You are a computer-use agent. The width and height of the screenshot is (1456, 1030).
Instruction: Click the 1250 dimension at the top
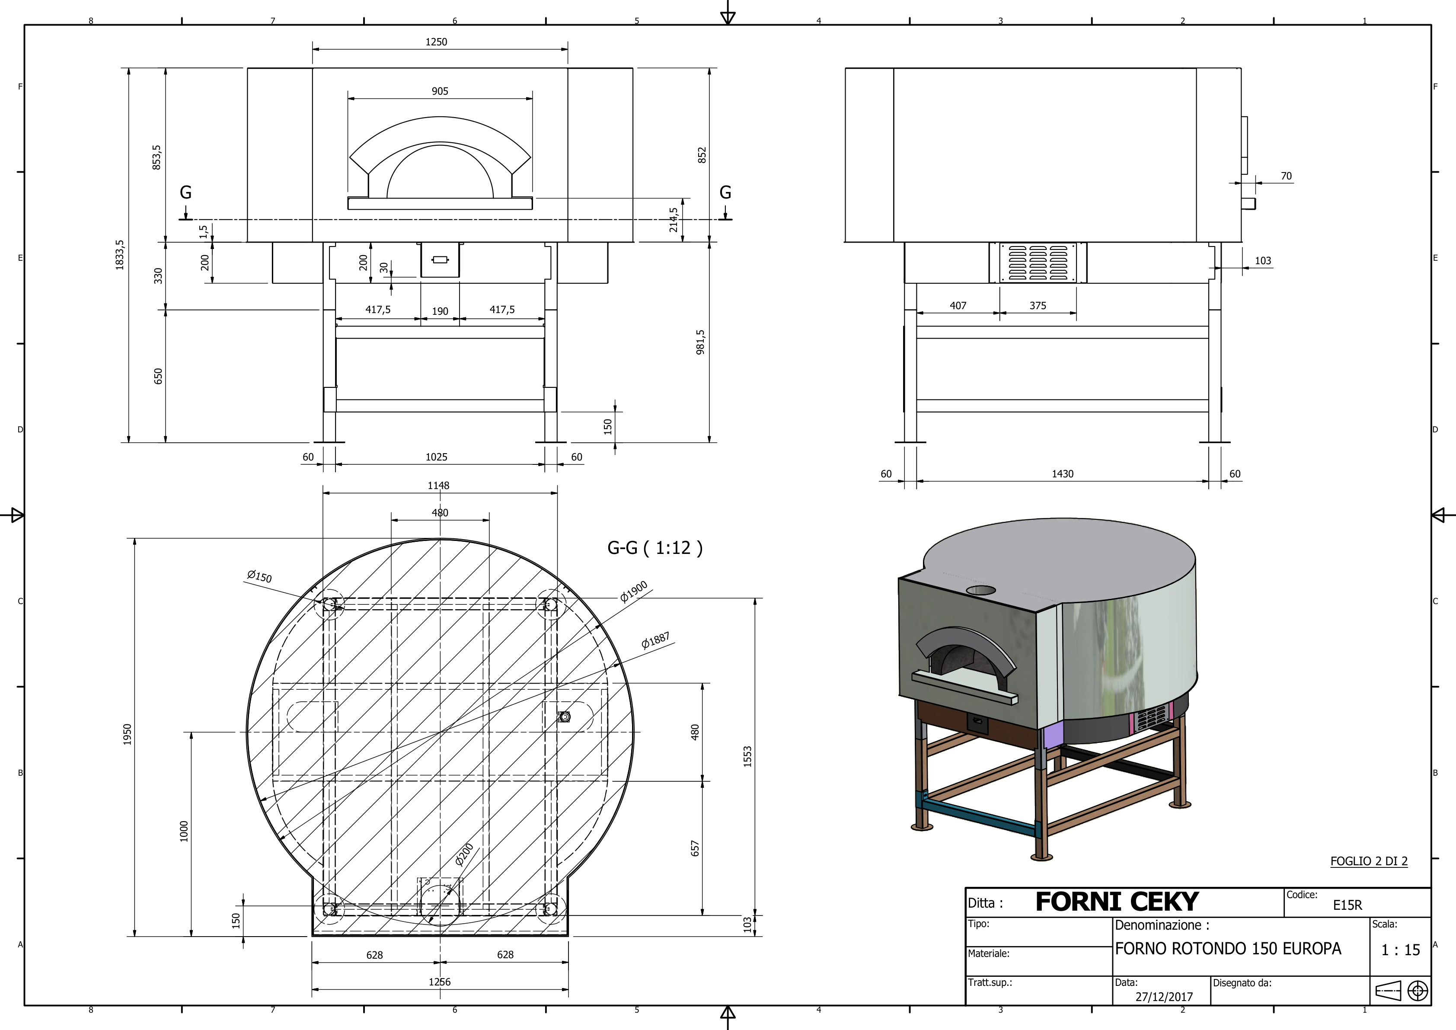(x=436, y=42)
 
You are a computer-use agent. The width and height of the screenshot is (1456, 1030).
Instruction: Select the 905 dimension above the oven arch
(x=440, y=91)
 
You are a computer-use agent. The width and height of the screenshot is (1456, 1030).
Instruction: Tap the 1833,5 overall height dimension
(x=120, y=255)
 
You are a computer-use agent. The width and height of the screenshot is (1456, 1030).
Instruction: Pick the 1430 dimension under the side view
(x=1063, y=474)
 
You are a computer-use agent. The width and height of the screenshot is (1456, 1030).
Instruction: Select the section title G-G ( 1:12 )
(x=655, y=548)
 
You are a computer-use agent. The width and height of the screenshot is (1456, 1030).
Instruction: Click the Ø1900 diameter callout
(x=633, y=591)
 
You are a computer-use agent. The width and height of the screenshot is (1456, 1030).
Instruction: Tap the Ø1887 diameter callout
(x=655, y=640)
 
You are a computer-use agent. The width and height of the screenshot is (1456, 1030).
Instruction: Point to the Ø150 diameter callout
(x=259, y=576)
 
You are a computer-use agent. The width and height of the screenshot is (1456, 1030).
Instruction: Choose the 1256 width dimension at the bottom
(x=440, y=982)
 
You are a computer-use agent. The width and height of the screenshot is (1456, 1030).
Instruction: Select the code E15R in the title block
(x=1347, y=905)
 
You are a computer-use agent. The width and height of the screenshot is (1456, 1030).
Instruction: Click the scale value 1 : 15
(x=1400, y=950)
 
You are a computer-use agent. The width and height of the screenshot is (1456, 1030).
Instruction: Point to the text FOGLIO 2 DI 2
(x=1369, y=860)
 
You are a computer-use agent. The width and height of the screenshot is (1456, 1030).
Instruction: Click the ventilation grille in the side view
(x=1038, y=262)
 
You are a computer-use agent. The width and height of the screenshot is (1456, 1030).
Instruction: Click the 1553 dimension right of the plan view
(x=747, y=757)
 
